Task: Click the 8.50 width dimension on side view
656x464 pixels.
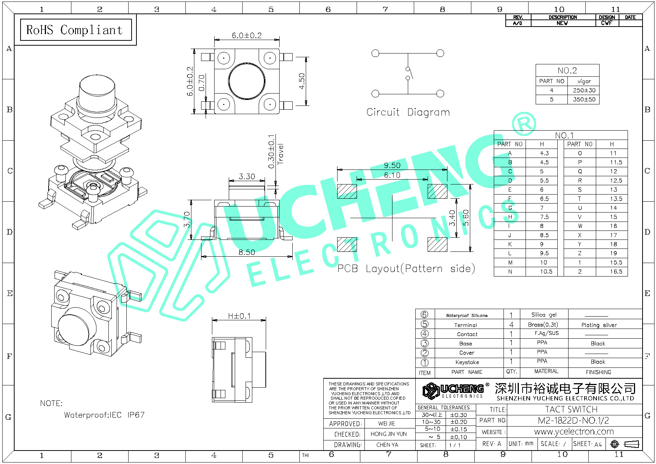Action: (247, 252)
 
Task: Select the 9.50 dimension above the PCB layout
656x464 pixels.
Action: (392, 165)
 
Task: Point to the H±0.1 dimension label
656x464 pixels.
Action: (239, 316)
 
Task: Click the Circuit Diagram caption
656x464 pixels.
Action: (408, 112)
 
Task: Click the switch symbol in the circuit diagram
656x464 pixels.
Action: (409, 73)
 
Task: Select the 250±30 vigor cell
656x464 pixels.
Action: (584, 90)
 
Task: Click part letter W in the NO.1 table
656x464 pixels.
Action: (580, 226)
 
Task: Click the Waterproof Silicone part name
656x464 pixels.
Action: (466, 315)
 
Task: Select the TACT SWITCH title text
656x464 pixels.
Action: (571, 409)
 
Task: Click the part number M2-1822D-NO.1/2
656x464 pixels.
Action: (573, 421)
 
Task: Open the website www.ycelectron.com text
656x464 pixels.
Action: (574, 432)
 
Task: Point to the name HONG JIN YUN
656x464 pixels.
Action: (388, 434)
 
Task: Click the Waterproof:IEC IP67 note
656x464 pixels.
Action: (104, 415)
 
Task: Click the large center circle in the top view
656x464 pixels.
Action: (247, 81)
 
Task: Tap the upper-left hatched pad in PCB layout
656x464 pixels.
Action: (347, 191)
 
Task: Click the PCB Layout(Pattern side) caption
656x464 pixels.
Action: (406, 269)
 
